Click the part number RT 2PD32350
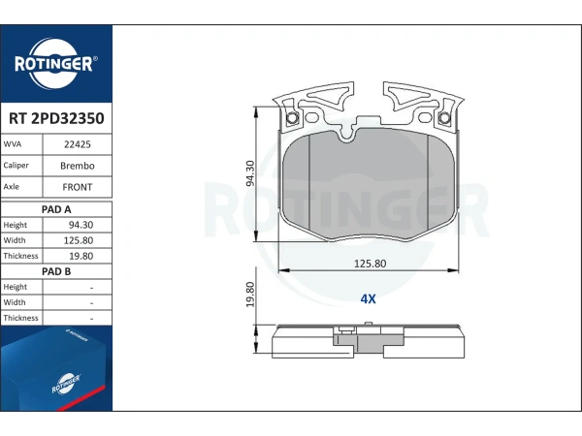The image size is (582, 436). pos(56,118)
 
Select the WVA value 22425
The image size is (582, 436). pos(78,144)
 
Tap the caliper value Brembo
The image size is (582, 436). pos(78,166)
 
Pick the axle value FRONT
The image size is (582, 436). pos(78,187)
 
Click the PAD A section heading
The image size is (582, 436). pos(56,209)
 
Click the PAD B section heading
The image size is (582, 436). pos(56,271)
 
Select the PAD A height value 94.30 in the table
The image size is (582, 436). pos(81,225)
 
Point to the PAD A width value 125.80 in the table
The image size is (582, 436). pos(79,240)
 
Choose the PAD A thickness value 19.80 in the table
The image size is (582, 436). pos(81,256)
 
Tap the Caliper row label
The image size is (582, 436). pos(16,166)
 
